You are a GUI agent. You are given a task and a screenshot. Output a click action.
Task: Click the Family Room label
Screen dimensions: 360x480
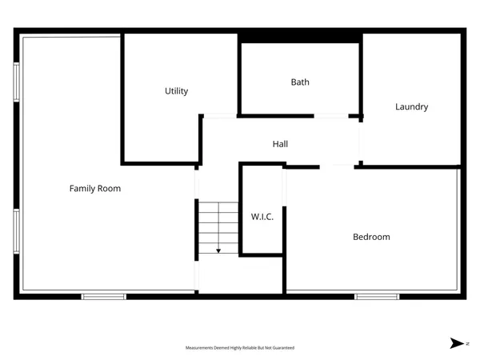point(94,189)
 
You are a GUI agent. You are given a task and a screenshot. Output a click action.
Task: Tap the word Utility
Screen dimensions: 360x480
point(176,91)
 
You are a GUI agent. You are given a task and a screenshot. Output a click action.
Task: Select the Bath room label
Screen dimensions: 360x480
point(300,82)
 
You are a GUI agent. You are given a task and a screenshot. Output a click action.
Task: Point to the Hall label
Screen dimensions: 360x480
point(280,144)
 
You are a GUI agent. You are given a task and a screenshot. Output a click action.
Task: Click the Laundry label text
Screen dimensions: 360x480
point(411,106)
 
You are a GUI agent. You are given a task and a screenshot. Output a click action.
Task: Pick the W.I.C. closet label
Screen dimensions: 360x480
point(262,216)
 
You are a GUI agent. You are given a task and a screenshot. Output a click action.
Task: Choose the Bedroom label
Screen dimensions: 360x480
point(371,237)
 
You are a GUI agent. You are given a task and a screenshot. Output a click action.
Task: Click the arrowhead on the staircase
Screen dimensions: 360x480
point(218,250)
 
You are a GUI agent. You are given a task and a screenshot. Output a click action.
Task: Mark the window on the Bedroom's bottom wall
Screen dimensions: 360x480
point(377,296)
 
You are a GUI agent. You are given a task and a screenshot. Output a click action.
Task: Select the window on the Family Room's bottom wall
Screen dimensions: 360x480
point(104,296)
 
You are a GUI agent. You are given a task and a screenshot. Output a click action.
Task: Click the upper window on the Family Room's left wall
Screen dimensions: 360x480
point(17,82)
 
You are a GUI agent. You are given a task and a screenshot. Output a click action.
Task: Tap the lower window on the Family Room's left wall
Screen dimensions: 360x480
point(17,231)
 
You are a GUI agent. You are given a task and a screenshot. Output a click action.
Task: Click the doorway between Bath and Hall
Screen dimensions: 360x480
point(330,116)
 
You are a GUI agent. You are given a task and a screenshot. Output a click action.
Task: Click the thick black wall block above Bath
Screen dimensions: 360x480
point(300,38)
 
